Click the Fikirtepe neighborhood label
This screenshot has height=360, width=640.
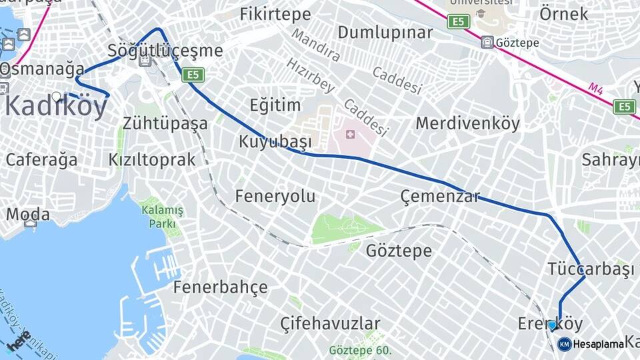tap(275, 14)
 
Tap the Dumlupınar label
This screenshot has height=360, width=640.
tap(385, 33)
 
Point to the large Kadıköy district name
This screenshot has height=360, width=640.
tap(56, 107)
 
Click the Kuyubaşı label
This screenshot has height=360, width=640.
tap(275, 142)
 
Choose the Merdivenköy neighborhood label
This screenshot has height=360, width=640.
tap(467, 123)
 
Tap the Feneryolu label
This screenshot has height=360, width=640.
tap(275, 196)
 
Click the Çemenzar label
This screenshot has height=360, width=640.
tap(440, 196)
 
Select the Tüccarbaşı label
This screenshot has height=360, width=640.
tap(590, 269)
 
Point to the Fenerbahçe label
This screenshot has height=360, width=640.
tap(220, 287)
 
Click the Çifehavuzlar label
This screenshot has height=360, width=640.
tap(330, 324)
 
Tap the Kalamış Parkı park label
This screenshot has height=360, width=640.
tap(162, 217)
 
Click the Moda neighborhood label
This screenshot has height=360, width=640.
tap(28, 214)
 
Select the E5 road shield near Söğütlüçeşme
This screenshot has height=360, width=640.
tap(193, 75)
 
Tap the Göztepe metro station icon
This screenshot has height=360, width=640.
tap(488, 43)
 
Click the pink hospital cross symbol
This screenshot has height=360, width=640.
tap(350, 135)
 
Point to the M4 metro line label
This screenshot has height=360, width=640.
tap(595, 88)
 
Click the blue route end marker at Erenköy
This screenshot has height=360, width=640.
tap(552, 325)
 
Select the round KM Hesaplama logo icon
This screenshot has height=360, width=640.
tap(564, 344)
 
